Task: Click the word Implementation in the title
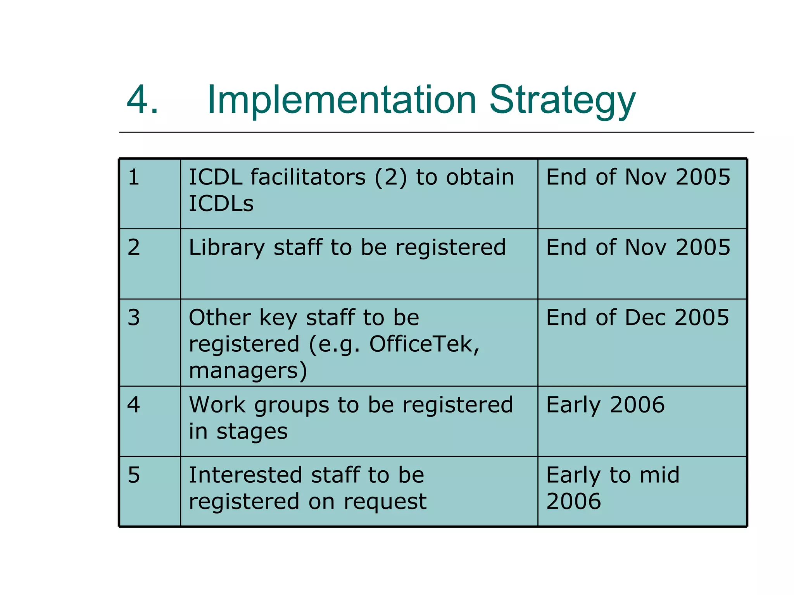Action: point(342,100)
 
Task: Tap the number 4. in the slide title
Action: point(142,100)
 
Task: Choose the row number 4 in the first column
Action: point(134,405)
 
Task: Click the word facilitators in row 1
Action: point(308,177)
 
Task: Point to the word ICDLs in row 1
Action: point(221,203)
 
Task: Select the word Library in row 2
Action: point(227,248)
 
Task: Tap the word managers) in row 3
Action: point(248,371)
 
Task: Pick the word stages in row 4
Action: point(252,432)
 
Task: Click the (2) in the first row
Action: point(391,177)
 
